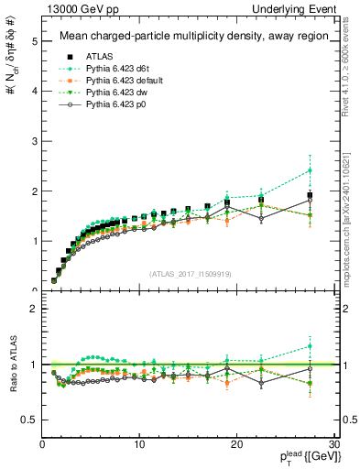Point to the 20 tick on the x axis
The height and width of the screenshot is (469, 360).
[236, 444]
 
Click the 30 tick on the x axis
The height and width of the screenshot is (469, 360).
[333, 444]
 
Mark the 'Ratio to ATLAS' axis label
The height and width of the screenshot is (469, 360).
[13, 384]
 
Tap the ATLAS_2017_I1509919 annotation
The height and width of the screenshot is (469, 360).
[190, 274]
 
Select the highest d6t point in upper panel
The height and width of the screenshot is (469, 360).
[310, 170]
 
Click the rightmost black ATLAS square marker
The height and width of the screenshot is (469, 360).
[310, 195]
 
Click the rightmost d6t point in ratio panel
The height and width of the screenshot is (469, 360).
[310, 345]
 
